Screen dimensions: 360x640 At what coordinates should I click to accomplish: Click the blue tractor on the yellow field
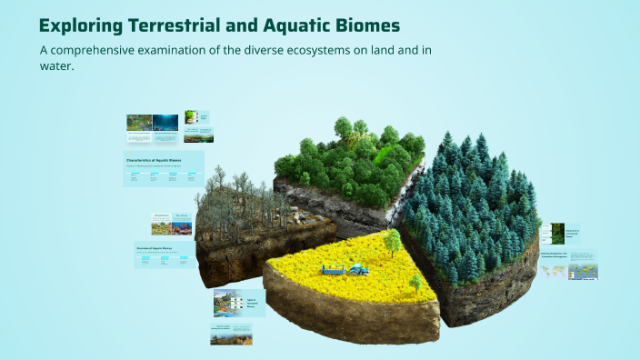358,269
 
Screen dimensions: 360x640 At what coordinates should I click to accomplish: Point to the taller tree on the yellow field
392,242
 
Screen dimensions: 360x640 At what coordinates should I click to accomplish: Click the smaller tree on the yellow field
415,283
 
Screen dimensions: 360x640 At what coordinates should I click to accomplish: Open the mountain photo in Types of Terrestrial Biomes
225,303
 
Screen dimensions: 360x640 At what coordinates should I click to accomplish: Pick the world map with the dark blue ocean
583,272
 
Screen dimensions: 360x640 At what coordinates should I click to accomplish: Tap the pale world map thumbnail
553,272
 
